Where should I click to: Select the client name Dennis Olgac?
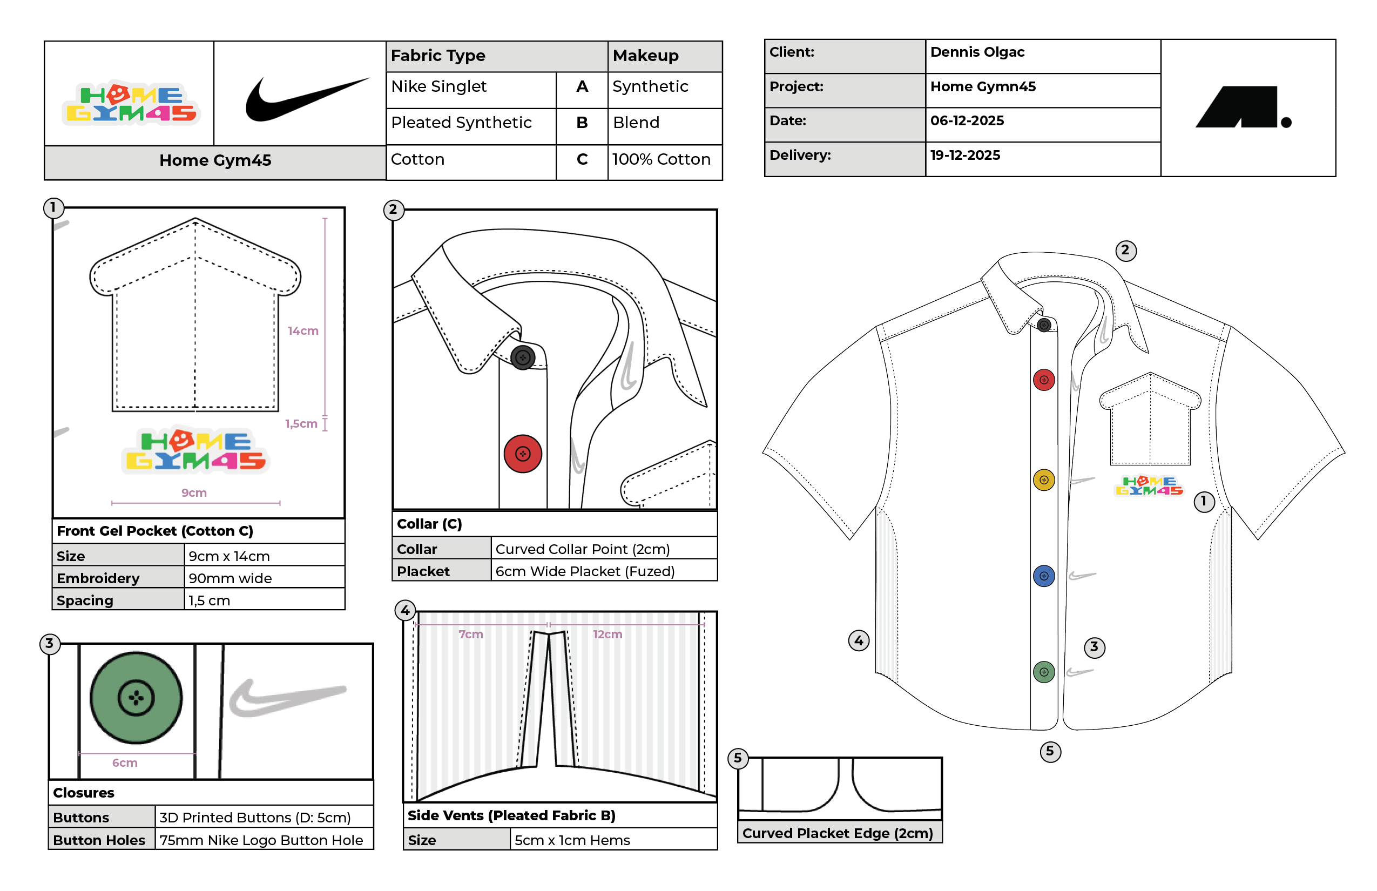point(977,52)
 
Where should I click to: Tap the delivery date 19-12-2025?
point(964,155)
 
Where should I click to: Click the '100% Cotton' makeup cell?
point(661,159)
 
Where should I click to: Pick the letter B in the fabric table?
point(582,123)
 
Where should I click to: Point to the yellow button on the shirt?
point(1043,480)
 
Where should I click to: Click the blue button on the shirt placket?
point(1043,576)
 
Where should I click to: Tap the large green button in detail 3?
point(136,697)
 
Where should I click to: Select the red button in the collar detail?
point(523,454)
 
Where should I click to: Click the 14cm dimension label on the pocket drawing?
point(303,331)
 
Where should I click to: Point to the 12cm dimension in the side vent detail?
point(607,634)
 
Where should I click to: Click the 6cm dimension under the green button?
point(125,762)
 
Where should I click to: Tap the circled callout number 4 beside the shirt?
point(858,640)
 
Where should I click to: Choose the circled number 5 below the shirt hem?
point(1050,751)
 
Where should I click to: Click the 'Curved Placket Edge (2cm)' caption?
point(837,833)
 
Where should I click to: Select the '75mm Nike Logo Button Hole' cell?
point(261,840)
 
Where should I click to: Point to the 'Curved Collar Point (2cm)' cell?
point(582,549)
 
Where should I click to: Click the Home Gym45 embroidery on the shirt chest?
point(1149,486)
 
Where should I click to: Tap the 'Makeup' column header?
point(645,56)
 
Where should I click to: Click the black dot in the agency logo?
point(1286,122)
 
